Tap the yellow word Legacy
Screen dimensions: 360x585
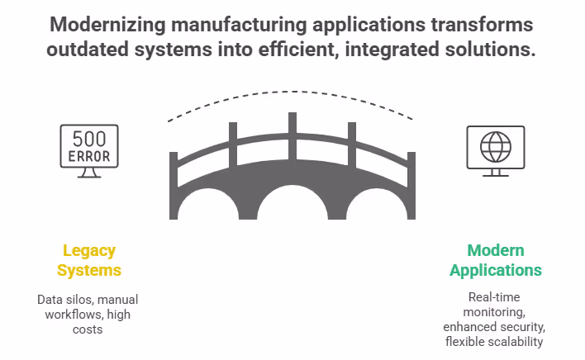tap(89, 250)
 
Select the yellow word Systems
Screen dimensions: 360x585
tap(89, 270)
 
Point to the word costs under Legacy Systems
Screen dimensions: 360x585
tap(89, 329)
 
